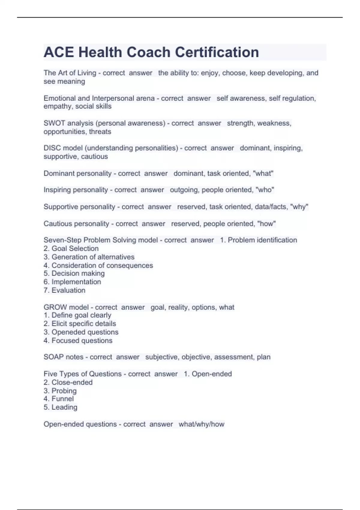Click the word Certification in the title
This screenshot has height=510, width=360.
click(x=217, y=52)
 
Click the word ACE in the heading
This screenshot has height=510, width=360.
click(x=59, y=52)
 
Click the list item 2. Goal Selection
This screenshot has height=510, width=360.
click(x=71, y=248)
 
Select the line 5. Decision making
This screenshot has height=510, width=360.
click(x=74, y=273)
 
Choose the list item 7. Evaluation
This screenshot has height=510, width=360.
click(x=64, y=290)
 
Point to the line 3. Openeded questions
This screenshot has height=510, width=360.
click(x=81, y=332)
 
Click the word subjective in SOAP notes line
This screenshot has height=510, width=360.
click(x=162, y=357)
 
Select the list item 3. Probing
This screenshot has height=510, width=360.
click(x=60, y=391)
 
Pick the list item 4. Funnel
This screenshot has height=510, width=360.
click(x=58, y=399)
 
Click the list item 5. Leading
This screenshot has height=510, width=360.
click(x=60, y=407)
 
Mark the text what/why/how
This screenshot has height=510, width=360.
click(x=201, y=424)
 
